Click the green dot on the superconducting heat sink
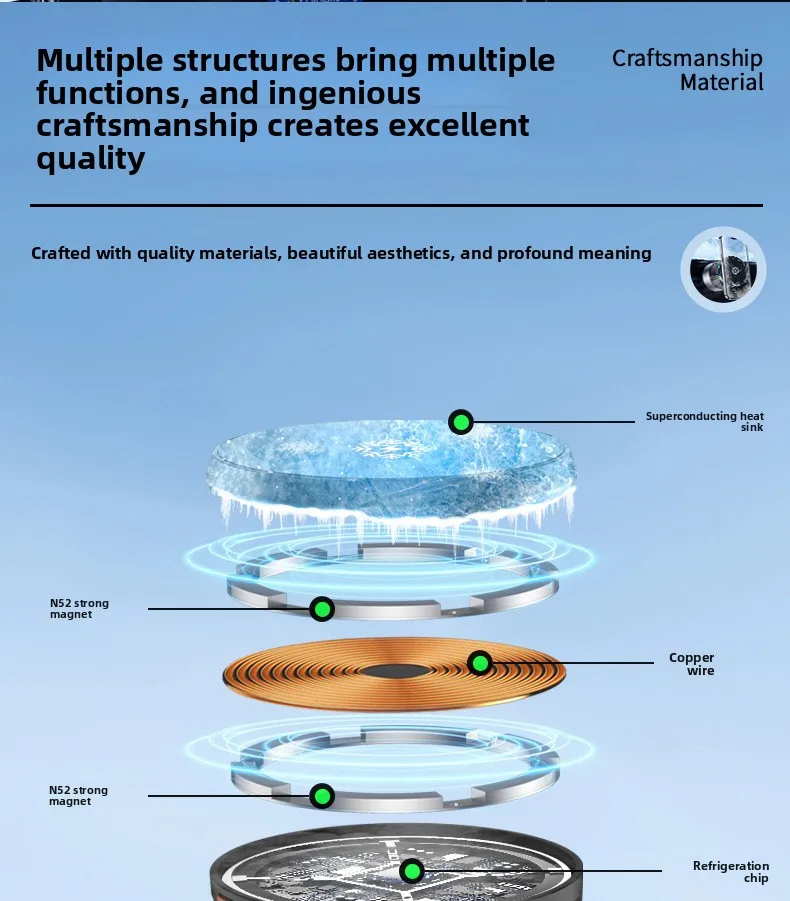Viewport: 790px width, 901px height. pyautogui.click(x=461, y=422)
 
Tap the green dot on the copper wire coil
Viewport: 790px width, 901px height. pyautogui.click(x=480, y=663)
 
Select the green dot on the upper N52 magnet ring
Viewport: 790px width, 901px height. pyautogui.click(x=321, y=608)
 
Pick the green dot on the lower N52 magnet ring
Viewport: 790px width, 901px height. pyautogui.click(x=321, y=796)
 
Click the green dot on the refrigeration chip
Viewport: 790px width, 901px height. pyautogui.click(x=412, y=872)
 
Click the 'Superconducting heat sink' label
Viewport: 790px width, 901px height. pyautogui.click(x=704, y=422)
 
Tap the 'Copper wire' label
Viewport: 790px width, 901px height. pyautogui.click(x=692, y=664)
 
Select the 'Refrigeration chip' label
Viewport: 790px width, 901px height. pyautogui.click(x=731, y=872)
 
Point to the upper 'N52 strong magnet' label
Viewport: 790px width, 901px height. pyautogui.click(x=79, y=609)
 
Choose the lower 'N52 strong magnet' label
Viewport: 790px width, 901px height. pyautogui.click(x=79, y=796)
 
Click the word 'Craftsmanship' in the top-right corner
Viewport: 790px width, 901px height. pyautogui.click(x=687, y=58)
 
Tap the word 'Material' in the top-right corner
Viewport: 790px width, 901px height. pyautogui.click(x=721, y=82)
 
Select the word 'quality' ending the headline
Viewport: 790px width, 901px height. pyautogui.click(x=91, y=159)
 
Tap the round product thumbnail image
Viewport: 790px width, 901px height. pyautogui.click(x=724, y=267)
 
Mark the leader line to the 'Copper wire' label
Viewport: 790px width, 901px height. pyautogui.click(x=570, y=663)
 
